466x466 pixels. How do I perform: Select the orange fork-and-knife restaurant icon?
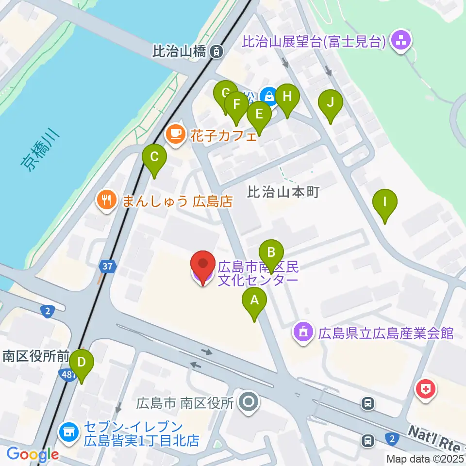pos(106,200)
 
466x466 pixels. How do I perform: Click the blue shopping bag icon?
pos(268,96)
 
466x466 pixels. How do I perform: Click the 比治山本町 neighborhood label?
pos(283,192)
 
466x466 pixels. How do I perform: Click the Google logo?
pos(33,454)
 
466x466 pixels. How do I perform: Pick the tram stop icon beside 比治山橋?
pos(216,50)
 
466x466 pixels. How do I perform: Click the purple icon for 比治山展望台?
pos(401,41)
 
